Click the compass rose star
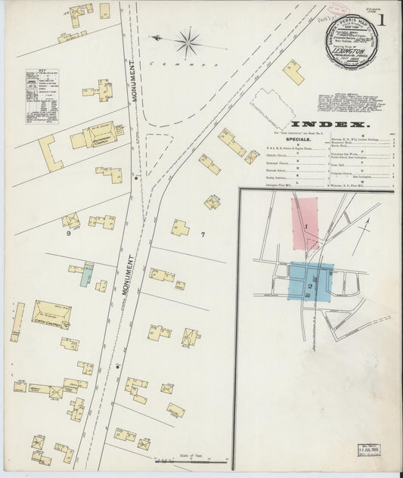click(187, 42)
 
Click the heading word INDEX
click(330, 123)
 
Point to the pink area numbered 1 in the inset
click(305, 224)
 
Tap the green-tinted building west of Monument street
click(88, 274)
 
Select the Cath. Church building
click(51, 313)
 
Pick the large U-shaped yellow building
click(50, 154)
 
